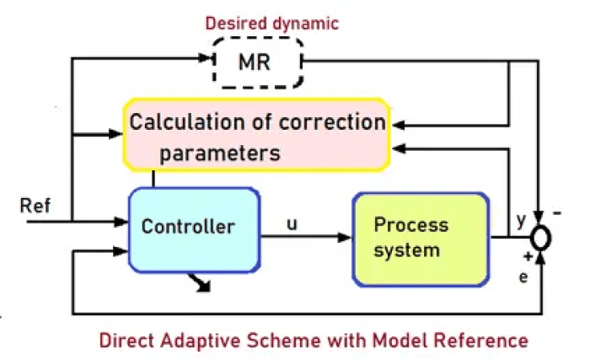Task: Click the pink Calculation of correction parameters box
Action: (256, 137)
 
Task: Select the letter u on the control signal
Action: (292, 225)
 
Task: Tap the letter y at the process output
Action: (521, 221)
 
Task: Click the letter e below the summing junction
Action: (523, 275)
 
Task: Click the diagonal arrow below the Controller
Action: (202, 283)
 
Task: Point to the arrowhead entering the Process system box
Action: (346, 238)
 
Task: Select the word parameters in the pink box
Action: (220, 153)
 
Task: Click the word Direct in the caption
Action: (126, 341)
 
